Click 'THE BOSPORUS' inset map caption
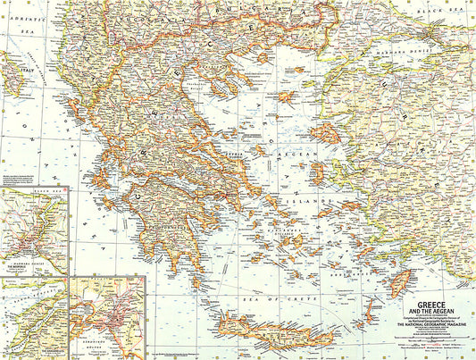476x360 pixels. tap(22, 266)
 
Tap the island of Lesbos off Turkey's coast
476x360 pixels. tap(325, 134)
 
